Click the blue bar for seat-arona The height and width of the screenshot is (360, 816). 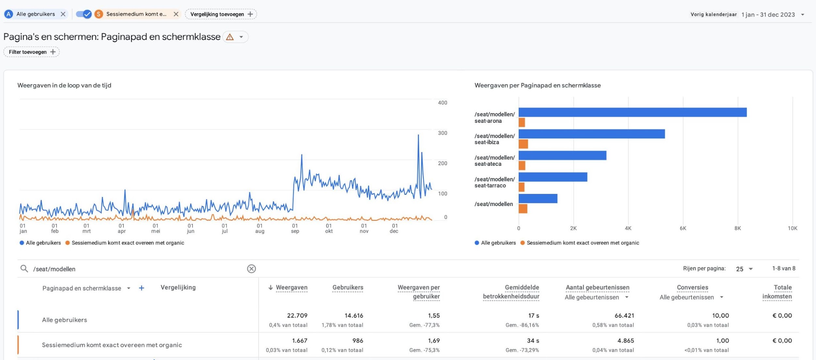point(632,112)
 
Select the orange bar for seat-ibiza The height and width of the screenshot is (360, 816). point(523,144)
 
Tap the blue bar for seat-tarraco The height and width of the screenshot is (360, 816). point(553,177)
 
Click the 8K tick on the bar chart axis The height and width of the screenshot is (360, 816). point(737,228)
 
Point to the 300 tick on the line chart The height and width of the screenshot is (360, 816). point(442,133)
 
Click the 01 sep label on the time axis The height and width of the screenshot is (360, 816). point(295,228)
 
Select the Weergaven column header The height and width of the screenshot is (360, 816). point(291,288)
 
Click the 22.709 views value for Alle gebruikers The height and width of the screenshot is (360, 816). point(297,316)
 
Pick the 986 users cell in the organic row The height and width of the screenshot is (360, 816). point(357,341)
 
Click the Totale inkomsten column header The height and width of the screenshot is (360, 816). point(777,292)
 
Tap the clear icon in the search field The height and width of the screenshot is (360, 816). point(251,269)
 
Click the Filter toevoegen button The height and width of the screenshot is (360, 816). point(32,52)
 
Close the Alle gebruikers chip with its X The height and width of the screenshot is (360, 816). point(63,14)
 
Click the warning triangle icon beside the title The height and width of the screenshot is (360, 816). point(230,37)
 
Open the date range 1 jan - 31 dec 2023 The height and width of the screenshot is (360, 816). point(768,14)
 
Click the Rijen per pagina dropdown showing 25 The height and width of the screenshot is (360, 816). point(744,269)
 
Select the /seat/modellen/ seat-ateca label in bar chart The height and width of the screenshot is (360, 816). point(494,161)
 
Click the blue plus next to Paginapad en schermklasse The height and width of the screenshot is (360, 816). point(141,288)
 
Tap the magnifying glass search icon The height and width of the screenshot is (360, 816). point(24,269)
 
